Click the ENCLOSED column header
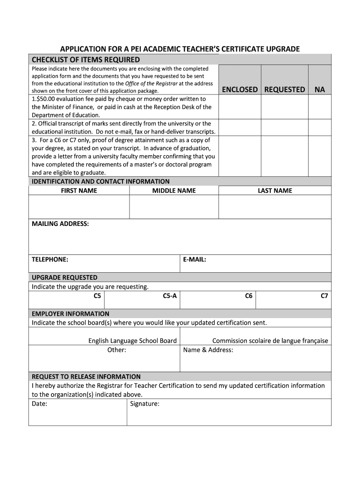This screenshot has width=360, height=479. point(240,89)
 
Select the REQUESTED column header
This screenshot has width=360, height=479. point(284,89)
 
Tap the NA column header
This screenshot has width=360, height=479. point(320,89)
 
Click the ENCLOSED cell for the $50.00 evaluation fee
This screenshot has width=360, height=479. point(240,107)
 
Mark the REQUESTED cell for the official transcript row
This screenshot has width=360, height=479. point(284,127)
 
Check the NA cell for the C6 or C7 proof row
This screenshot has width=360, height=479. point(320,156)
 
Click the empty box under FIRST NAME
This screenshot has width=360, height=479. point(79,207)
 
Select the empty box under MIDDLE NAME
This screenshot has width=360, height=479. point(174,207)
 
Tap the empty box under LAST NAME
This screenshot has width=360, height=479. point(275,207)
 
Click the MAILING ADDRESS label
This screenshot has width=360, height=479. point(60,224)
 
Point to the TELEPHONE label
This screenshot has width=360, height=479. point(50,259)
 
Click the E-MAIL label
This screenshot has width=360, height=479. point(194,259)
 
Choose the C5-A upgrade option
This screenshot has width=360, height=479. point(170,296)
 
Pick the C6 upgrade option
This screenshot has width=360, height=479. point(249,296)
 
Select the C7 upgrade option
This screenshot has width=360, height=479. point(324,296)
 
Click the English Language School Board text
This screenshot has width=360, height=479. point(133,341)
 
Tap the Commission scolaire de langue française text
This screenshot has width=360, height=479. point(270,341)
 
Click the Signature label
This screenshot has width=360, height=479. point(145,404)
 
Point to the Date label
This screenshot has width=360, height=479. point(39,404)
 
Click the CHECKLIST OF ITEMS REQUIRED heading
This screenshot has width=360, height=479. point(86,59)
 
